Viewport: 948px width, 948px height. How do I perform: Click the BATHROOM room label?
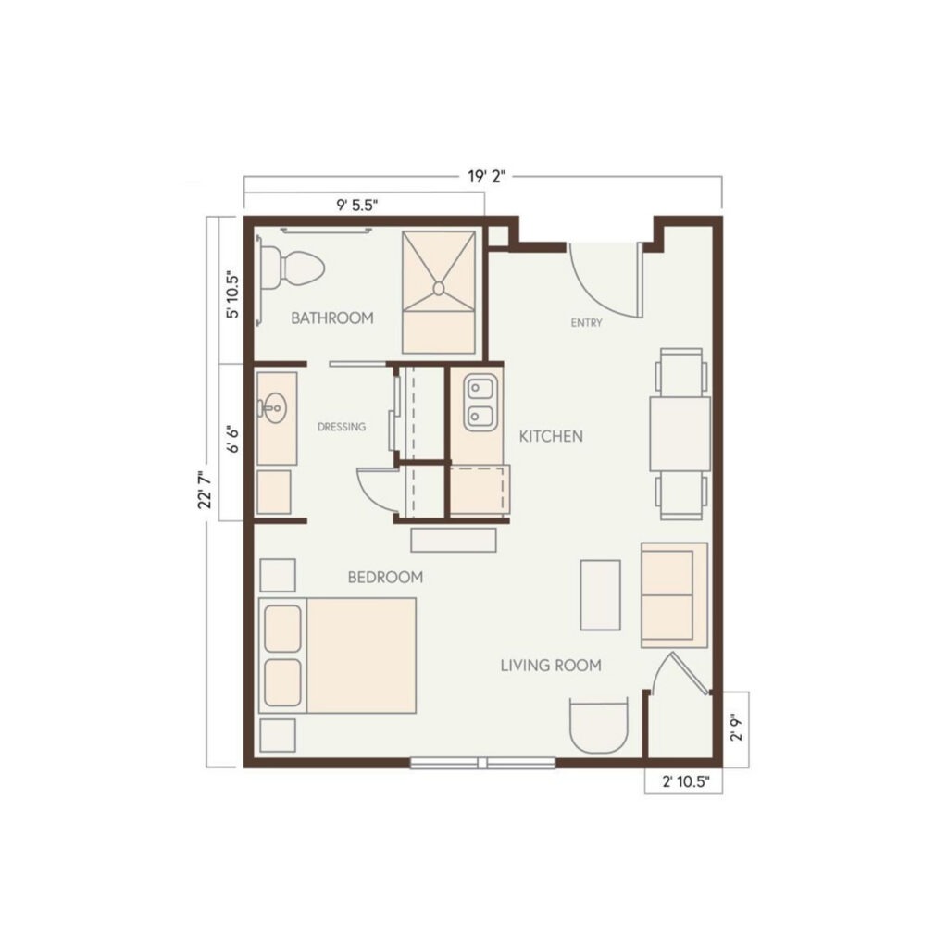coord(332,318)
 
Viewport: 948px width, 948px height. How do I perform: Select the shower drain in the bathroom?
coord(439,288)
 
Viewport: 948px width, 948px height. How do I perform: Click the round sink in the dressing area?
coord(273,407)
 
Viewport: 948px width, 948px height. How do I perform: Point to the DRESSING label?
coord(342,427)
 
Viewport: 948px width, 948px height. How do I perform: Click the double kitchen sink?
coord(481,402)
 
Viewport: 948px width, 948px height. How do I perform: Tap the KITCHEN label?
coord(551,437)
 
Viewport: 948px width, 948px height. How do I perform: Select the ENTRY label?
coord(586,323)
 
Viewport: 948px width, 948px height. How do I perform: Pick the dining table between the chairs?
coord(680,433)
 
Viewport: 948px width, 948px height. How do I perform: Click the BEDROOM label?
coord(385,578)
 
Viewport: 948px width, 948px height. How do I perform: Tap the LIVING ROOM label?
coord(551,666)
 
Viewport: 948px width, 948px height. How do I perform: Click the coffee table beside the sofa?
coord(600,595)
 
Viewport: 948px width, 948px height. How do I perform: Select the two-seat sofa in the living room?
coord(674,595)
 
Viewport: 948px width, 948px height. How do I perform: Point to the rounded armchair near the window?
coord(599,726)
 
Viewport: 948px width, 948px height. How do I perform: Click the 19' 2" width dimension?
coord(485,177)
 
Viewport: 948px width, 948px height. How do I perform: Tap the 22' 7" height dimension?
coord(206,491)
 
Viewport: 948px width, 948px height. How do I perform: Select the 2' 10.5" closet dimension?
coord(684,782)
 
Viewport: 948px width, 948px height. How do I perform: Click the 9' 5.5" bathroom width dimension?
coord(357,205)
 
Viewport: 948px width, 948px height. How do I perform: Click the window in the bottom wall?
coord(482,763)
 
